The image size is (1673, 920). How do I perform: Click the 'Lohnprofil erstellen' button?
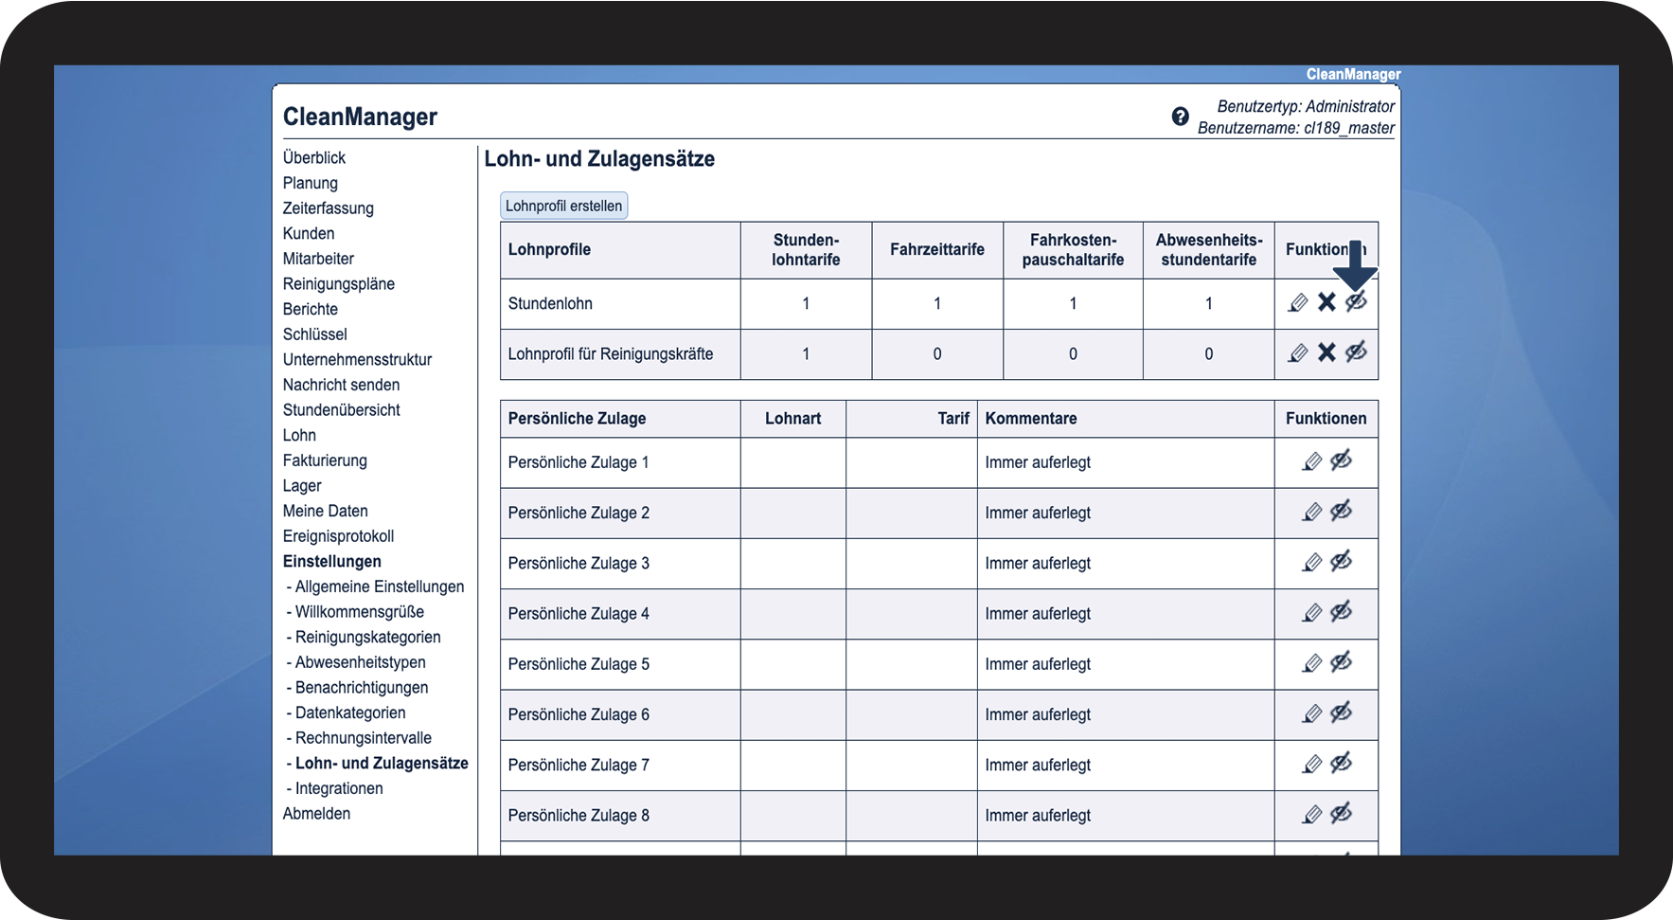coord(563,206)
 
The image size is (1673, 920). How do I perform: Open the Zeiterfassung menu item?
coord(328,208)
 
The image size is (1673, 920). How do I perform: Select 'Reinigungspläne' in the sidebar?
coord(338,284)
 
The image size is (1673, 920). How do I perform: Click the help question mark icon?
coord(1180,117)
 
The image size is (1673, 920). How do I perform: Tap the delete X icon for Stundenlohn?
coord(1326,302)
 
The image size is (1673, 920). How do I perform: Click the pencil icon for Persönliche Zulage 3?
coord(1311,563)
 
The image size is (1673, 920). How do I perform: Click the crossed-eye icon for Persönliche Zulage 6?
coord(1341,713)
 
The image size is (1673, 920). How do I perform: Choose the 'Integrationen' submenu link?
coord(338,788)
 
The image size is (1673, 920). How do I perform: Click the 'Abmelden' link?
coord(316,814)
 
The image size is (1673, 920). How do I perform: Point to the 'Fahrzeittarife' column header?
coord(936,249)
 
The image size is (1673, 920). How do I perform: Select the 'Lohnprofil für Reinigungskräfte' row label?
coord(610,354)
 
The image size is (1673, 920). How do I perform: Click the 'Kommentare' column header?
coord(1030,419)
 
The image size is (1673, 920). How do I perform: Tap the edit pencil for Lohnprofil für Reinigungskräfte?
coord(1298,353)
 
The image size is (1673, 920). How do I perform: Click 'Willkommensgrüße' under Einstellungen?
coord(359,612)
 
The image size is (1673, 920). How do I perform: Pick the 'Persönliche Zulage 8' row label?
coord(578,816)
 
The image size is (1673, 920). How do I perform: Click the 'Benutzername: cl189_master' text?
coord(1295,128)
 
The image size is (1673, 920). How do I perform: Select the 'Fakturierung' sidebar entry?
coord(325,460)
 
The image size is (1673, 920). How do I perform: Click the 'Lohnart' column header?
coord(792,419)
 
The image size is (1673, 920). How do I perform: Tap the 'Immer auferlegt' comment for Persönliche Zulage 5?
coord(1038,664)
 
